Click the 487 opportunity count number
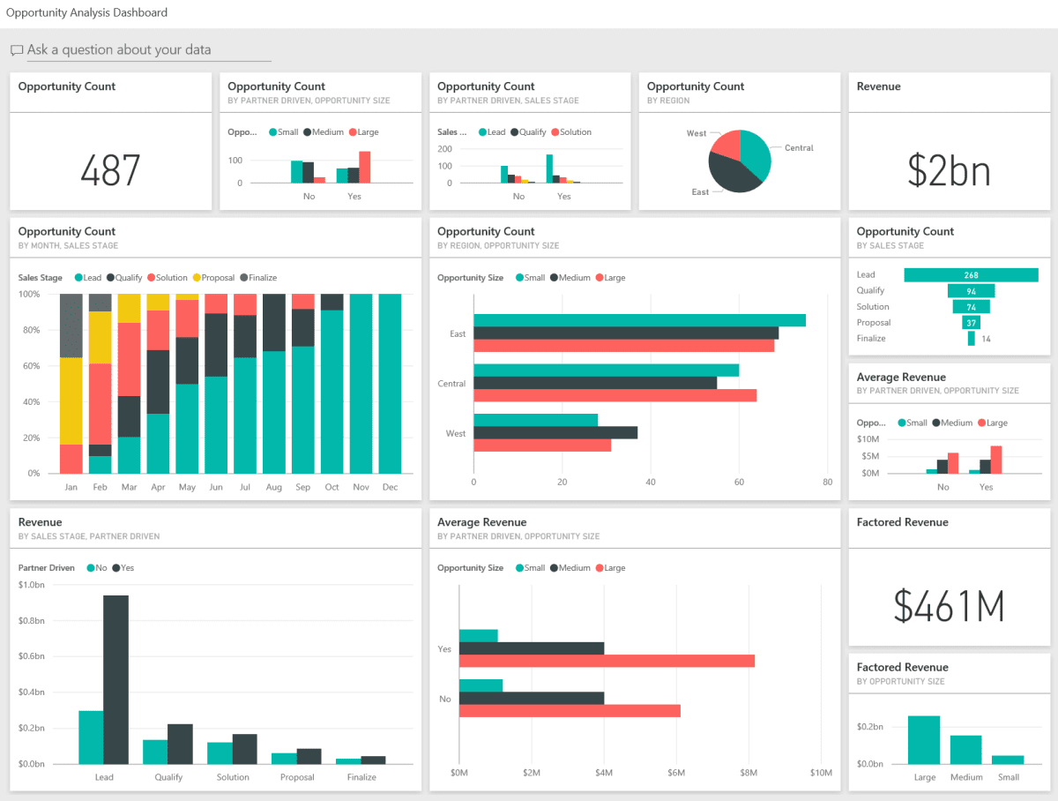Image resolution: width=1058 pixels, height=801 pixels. point(110,170)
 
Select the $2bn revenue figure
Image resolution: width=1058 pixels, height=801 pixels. point(949,170)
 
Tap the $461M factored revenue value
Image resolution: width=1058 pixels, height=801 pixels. point(949,605)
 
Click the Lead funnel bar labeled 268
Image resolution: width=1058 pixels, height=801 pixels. point(971,275)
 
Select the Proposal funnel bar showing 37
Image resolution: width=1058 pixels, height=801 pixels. point(971,323)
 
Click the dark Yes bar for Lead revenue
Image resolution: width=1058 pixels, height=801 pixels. point(115,679)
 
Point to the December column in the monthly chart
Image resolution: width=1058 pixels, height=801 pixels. point(390,384)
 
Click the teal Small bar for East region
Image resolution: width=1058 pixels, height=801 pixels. point(639,320)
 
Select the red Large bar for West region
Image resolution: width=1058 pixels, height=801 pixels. point(542,445)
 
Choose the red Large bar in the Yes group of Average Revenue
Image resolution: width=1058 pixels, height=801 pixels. point(607,661)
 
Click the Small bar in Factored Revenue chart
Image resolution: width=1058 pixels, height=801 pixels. point(1008,760)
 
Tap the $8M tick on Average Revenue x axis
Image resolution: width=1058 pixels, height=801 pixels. point(748,774)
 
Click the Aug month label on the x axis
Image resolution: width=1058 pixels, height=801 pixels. point(273,487)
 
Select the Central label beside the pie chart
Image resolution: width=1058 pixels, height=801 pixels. point(799,148)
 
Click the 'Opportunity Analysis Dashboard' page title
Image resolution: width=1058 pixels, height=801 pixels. point(86,13)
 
